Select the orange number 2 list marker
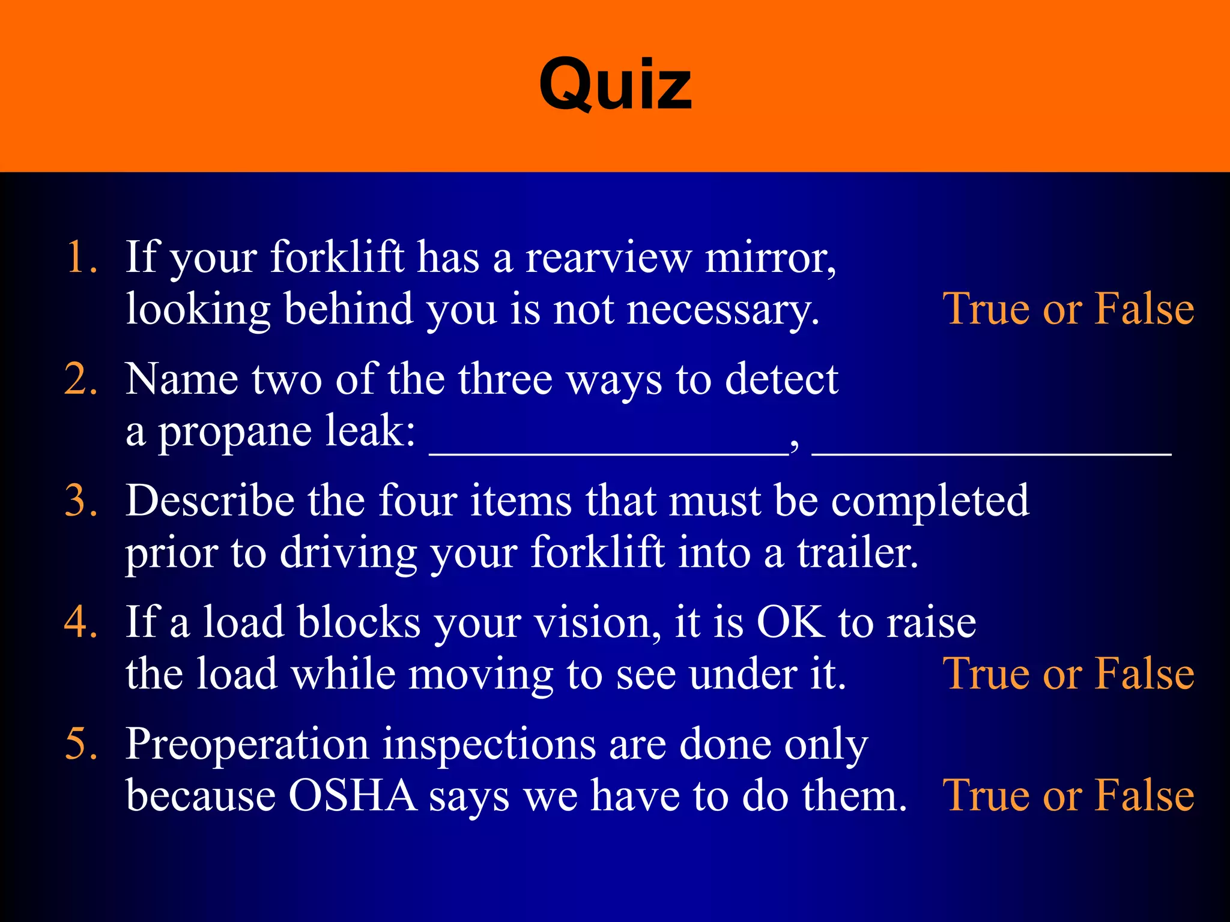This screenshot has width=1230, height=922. (80, 379)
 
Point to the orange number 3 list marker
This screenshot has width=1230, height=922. (80, 501)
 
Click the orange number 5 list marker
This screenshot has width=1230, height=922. (80, 744)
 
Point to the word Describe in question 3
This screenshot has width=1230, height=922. (210, 501)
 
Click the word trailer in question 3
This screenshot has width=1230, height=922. (858, 553)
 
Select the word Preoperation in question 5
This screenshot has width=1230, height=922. (247, 745)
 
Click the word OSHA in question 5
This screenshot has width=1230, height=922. (353, 796)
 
